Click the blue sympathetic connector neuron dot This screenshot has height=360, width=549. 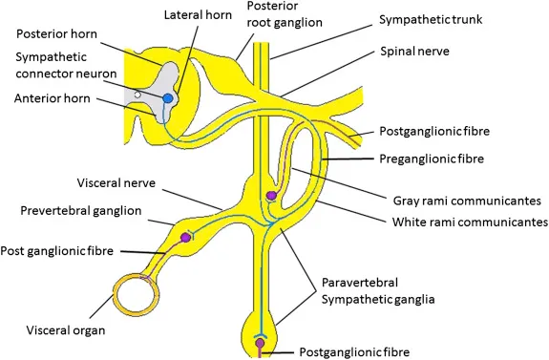[168, 97]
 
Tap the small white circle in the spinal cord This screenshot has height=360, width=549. [139, 95]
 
